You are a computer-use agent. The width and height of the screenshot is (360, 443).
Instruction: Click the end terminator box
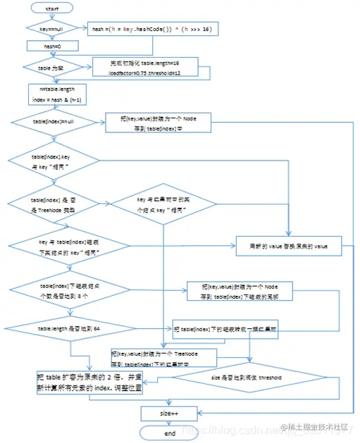(x=169, y=432)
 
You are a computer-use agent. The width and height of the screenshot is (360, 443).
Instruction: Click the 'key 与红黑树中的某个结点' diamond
(x=163, y=205)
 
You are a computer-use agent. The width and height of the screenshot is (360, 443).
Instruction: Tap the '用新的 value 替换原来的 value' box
(x=289, y=247)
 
